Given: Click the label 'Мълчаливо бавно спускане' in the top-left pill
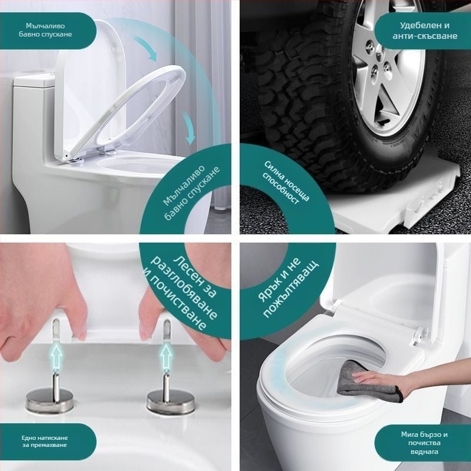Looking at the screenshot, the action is pyautogui.click(x=45, y=30).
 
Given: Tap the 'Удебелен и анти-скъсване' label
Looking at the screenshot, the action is pyautogui.click(x=424, y=31).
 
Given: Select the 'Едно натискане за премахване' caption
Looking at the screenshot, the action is pyautogui.click(x=45, y=441).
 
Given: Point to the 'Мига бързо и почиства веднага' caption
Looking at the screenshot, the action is pyautogui.click(x=424, y=443).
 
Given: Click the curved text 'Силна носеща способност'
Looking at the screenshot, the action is pyautogui.click(x=286, y=183).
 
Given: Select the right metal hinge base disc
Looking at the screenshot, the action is pyautogui.click(x=170, y=400).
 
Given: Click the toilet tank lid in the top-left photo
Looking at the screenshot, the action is pyautogui.click(x=34, y=80).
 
